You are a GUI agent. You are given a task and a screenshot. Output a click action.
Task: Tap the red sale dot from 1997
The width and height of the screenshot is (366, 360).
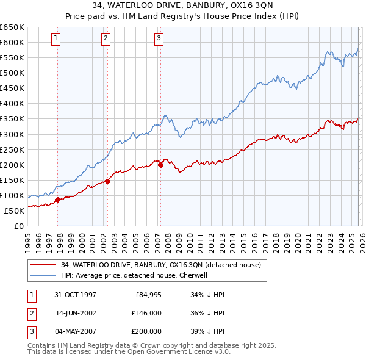[x=58, y=200]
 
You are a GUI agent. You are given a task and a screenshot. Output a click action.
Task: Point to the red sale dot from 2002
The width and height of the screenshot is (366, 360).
[x=107, y=181]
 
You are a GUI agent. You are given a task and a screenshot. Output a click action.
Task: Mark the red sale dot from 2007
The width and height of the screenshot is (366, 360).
[x=160, y=164]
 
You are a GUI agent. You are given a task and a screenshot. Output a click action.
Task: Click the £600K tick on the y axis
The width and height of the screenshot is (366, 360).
[x=12, y=42]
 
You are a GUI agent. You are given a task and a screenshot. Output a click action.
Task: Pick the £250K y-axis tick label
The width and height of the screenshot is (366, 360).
[x=12, y=149]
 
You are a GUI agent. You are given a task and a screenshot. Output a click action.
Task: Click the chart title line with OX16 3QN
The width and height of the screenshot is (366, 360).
[x=182, y=6]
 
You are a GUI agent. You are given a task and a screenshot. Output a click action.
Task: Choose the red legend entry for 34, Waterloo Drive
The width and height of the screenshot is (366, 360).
[x=161, y=265]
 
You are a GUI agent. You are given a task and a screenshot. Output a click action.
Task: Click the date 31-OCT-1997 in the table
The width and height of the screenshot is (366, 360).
[x=76, y=295]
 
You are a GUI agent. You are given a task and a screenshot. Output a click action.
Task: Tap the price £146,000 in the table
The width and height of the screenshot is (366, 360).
[x=146, y=313]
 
